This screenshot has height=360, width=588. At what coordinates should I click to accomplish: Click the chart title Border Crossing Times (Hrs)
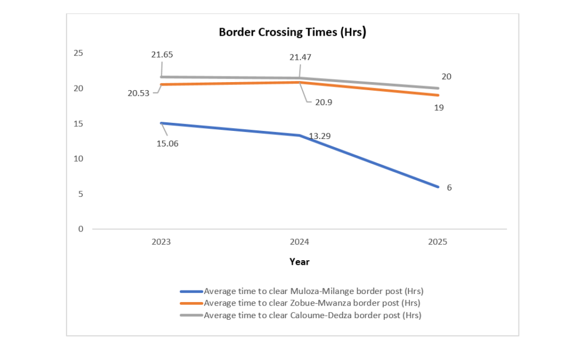pos(292,32)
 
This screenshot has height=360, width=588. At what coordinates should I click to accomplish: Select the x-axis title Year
pos(299,262)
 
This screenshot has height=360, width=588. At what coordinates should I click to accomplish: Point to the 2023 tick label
pos(161,242)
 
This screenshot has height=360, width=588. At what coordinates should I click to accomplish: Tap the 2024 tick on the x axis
pos(299,242)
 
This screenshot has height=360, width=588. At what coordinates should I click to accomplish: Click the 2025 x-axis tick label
pos(437,242)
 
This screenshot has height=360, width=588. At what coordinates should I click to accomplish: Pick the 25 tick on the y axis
pos(78,53)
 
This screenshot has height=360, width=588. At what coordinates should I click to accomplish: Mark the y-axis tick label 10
pos(78,158)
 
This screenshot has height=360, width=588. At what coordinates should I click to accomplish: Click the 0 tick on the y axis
pos(80,229)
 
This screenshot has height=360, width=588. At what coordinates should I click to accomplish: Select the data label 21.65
pos(162,55)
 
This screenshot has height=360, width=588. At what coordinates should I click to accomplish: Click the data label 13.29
pos(319,136)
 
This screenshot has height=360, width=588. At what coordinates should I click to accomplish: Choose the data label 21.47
pos(300,57)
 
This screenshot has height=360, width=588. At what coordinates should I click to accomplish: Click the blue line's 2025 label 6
pos(448,187)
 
